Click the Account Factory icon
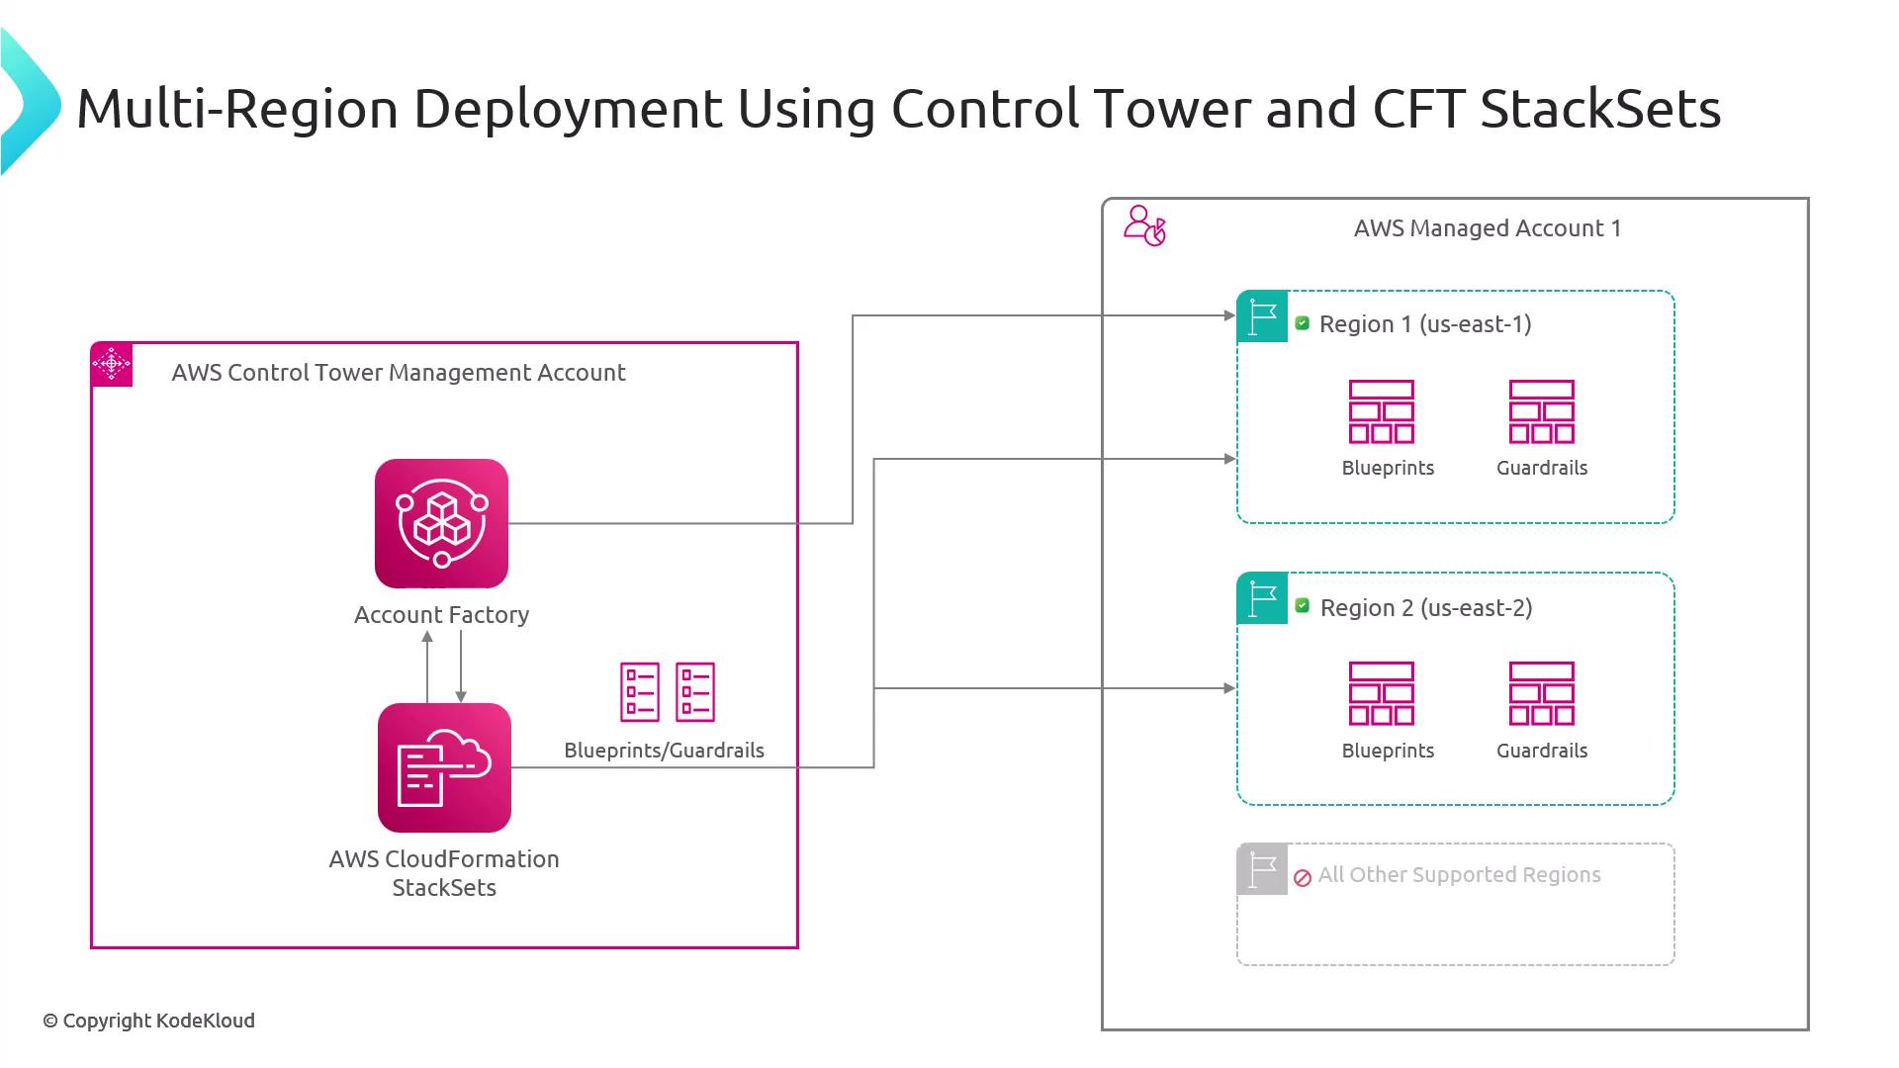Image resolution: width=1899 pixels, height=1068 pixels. (441, 523)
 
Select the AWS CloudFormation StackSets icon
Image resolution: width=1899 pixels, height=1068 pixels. (444, 767)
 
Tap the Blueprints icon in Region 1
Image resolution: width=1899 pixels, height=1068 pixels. (1382, 411)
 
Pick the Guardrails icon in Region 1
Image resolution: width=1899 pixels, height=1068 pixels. (1541, 411)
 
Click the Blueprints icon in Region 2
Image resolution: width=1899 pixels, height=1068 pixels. (1382, 693)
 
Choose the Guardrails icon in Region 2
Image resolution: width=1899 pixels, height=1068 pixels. (1541, 693)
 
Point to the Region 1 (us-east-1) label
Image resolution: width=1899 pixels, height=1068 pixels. (1425, 324)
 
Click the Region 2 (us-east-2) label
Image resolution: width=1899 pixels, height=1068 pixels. (1426, 607)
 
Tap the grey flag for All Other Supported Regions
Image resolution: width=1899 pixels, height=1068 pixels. (1262, 869)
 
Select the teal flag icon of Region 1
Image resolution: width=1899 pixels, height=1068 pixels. (1262, 316)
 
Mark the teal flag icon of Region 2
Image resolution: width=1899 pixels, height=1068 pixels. (1262, 598)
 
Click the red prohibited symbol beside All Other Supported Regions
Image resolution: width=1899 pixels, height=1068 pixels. (1303, 877)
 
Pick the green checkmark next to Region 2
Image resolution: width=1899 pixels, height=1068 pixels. (1303, 605)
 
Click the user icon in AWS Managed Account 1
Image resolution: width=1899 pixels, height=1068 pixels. (1144, 225)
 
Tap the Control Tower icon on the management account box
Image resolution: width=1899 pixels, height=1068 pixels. (112, 365)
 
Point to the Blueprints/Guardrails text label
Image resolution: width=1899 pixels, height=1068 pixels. (664, 751)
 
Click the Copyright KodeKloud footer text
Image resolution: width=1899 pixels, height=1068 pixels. (148, 1021)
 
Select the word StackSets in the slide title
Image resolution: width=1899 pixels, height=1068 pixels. (1599, 109)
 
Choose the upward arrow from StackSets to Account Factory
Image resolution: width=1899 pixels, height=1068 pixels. (427, 667)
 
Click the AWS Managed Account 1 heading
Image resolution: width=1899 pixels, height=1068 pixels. (1487, 228)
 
